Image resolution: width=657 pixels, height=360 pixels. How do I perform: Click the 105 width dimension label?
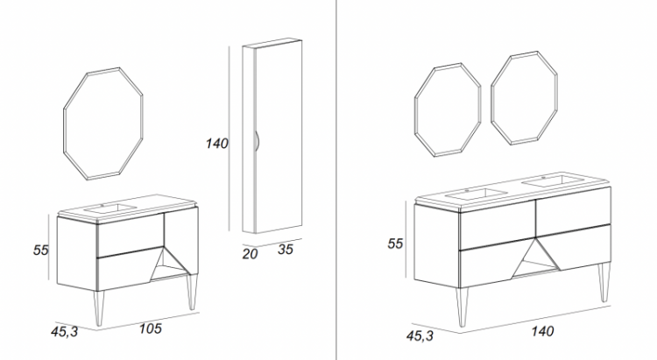click(x=151, y=328)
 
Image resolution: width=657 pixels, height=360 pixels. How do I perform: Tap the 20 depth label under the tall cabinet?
click(x=250, y=253)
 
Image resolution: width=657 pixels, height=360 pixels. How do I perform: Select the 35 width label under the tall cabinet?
click(x=286, y=250)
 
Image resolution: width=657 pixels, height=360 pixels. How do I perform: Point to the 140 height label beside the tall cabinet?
click(x=216, y=144)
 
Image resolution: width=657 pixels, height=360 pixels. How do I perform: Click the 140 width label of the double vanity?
click(x=542, y=331)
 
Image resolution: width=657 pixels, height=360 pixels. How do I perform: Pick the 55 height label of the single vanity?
click(x=41, y=250)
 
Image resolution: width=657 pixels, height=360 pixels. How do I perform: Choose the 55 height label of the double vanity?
click(x=395, y=244)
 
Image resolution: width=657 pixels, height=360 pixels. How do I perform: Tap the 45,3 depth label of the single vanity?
click(x=65, y=331)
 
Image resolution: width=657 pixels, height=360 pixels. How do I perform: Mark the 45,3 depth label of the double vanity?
click(x=420, y=335)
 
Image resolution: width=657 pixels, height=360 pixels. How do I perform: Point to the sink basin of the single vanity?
click(x=110, y=208)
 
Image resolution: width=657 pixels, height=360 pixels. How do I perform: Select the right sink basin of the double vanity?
click(x=553, y=181)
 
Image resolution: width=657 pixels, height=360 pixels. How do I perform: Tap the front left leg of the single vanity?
click(x=98, y=308)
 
